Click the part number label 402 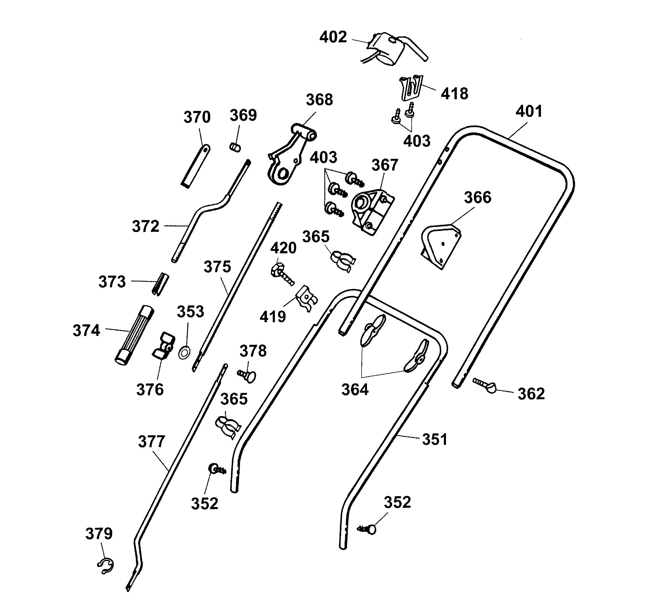point(333,37)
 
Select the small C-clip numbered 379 point(106,566)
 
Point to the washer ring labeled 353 point(185,353)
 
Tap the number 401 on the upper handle point(529,111)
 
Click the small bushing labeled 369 point(234,147)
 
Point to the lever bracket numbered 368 point(291,154)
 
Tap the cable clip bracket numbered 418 point(411,88)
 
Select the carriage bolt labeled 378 point(247,375)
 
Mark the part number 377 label point(151,442)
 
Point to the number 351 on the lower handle point(435,440)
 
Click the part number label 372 point(146,226)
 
